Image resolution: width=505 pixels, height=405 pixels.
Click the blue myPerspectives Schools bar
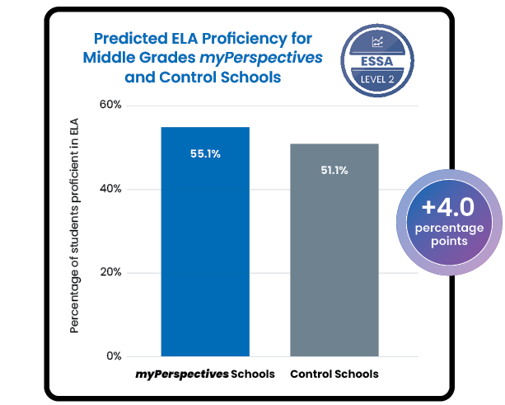tap(205, 247)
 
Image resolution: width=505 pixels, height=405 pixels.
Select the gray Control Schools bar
tap(334, 256)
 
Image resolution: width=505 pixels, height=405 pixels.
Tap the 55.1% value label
tap(205, 153)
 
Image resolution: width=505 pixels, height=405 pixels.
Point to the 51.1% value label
tap(334, 171)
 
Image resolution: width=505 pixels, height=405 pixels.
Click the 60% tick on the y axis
tap(110, 106)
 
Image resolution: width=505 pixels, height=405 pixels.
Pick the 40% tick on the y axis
tap(110, 189)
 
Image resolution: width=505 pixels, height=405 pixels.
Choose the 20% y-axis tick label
tap(110, 273)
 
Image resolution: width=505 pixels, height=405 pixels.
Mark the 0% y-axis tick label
tap(114, 356)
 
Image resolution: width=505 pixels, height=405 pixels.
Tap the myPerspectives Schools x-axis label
tap(205, 374)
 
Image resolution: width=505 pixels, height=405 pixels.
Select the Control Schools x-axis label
tap(334, 374)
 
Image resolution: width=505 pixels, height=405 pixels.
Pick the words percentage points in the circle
tap(449, 233)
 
